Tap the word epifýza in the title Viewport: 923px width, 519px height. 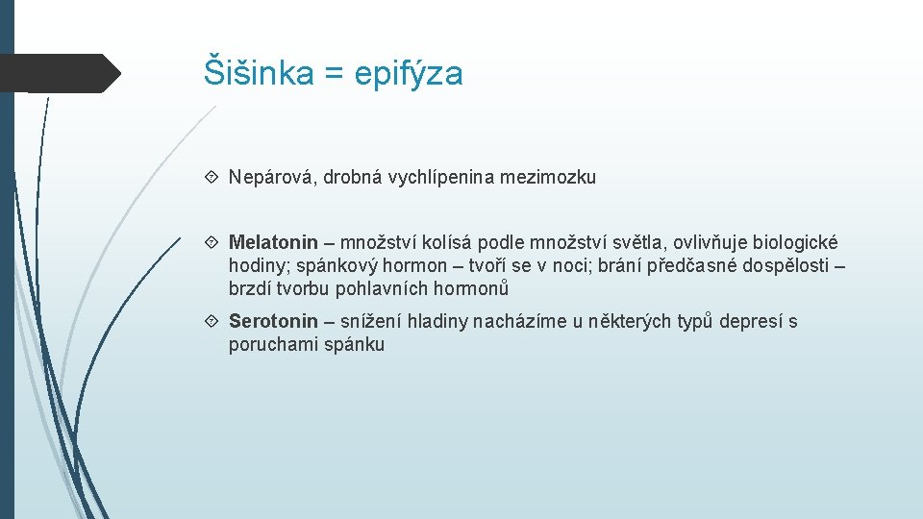[409, 74]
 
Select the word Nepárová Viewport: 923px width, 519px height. [272, 177]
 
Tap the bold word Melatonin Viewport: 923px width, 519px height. [273, 241]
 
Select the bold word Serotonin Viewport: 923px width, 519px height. [273, 321]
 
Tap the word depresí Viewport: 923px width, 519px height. [752, 321]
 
